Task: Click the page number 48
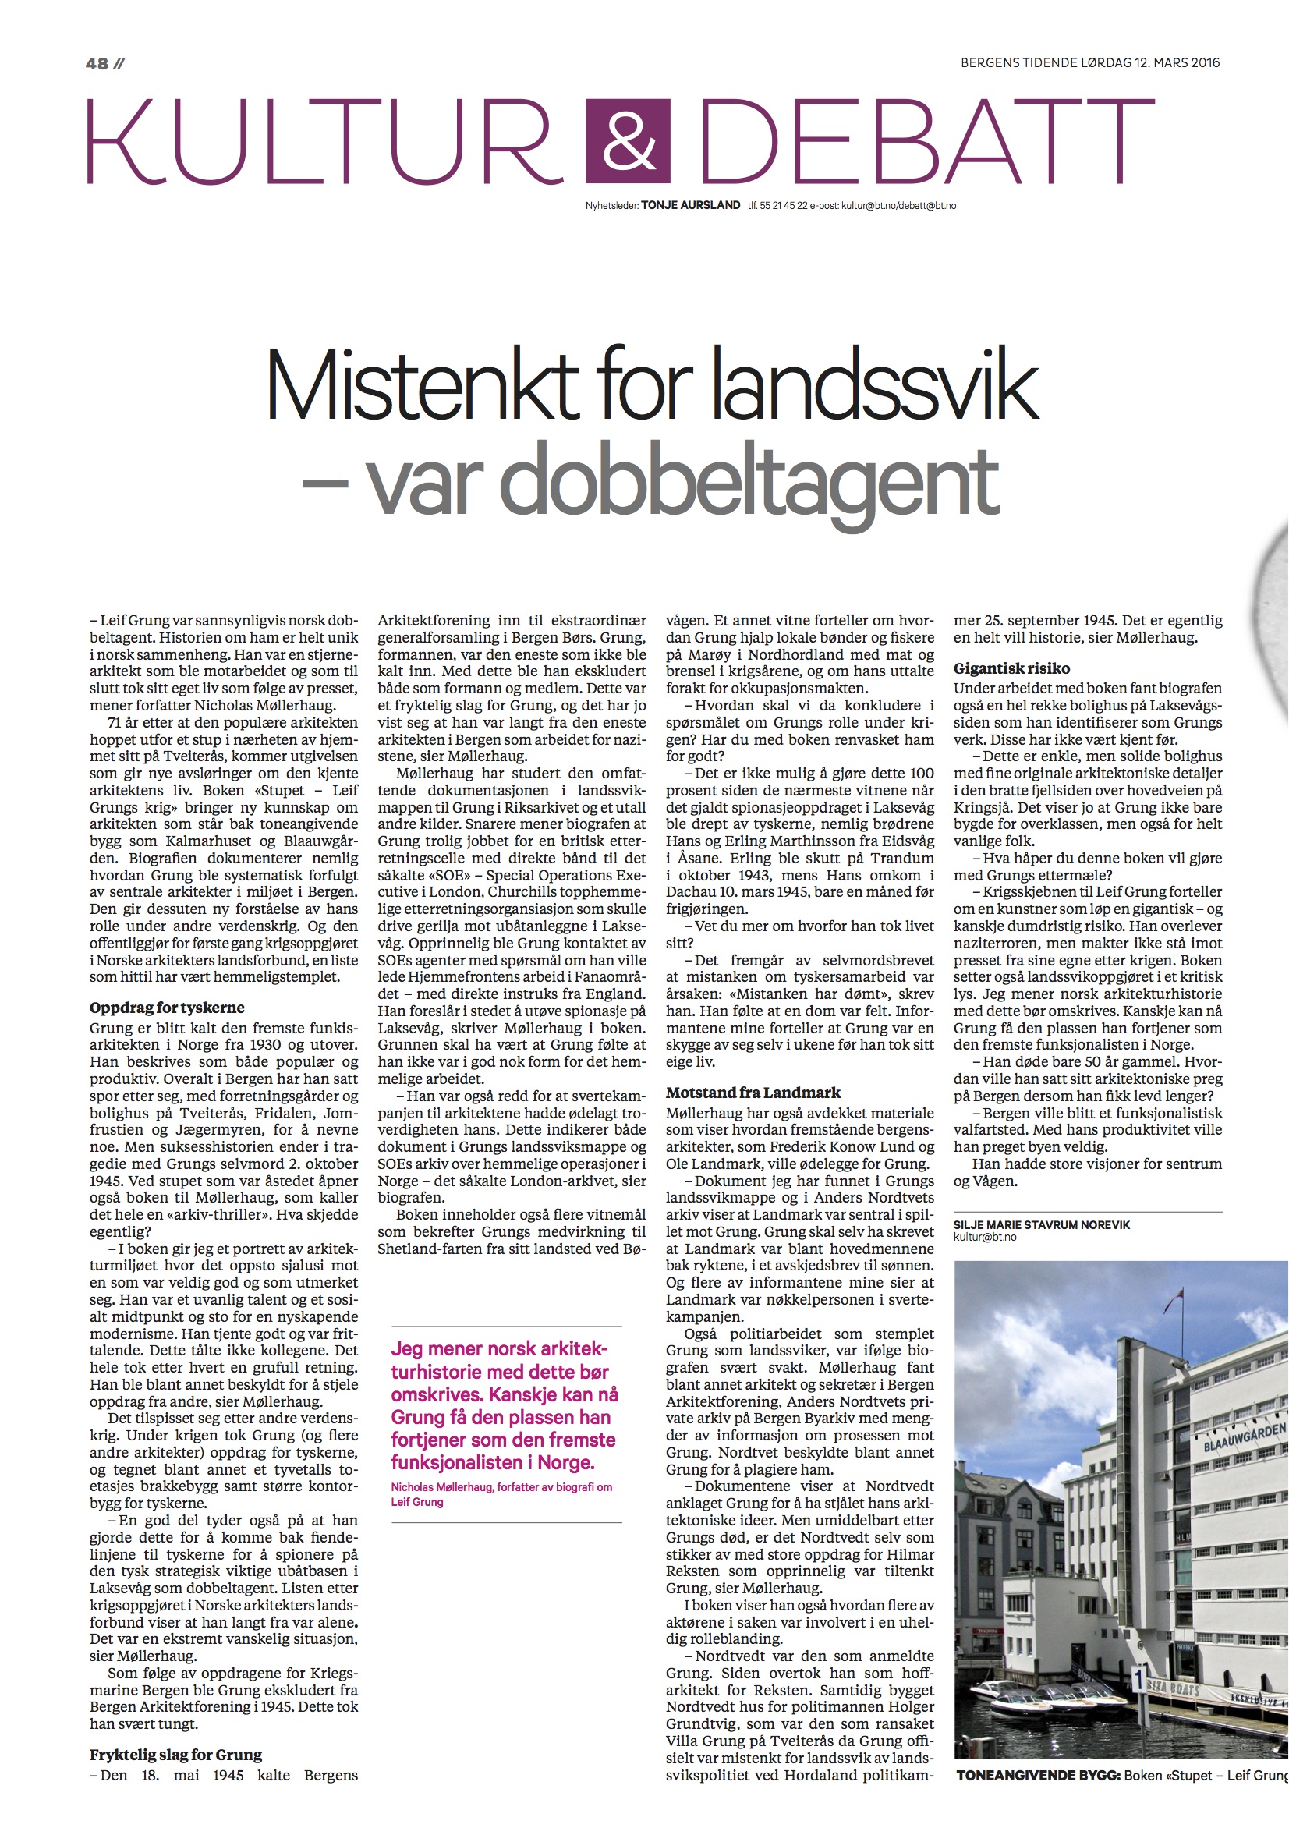tap(97, 63)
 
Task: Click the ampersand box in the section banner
tap(628, 141)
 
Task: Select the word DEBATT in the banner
tap(927, 142)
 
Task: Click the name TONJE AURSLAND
tap(691, 205)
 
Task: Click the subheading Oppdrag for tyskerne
tap(167, 1008)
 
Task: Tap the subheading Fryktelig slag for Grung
tap(175, 1755)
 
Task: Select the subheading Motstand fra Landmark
tap(753, 1092)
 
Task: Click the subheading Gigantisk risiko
tap(1011, 668)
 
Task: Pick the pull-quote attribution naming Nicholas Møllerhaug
tap(501, 1494)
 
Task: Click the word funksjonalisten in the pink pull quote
tap(462, 1462)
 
